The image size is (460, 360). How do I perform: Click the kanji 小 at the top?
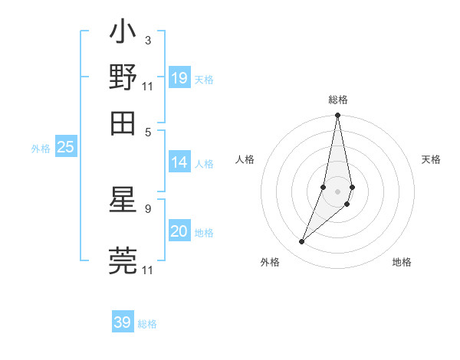(123, 33)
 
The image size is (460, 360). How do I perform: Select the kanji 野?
(123, 77)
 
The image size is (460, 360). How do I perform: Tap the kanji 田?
(123, 121)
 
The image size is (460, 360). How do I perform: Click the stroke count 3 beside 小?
(147, 41)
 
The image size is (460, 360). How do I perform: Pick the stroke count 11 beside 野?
(148, 85)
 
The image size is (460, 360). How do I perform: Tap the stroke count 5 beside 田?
(148, 130)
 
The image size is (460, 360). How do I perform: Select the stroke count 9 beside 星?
(148, 208)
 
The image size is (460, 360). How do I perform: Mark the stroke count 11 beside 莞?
(148, 270)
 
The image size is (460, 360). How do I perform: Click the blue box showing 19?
(179, 77)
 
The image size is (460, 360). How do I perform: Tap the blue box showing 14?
(179, 162)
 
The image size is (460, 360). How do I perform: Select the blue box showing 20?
(179, 231)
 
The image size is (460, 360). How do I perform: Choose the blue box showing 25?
(66, 147)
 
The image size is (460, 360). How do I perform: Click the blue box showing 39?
(123, 322)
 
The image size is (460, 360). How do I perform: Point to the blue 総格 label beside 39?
(147, 324)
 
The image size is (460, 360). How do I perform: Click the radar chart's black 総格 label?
(337, 100)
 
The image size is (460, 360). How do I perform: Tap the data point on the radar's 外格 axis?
(302, 242)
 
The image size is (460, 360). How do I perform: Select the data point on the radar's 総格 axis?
(337, 116)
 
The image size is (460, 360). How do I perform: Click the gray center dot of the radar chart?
(337, 191)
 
